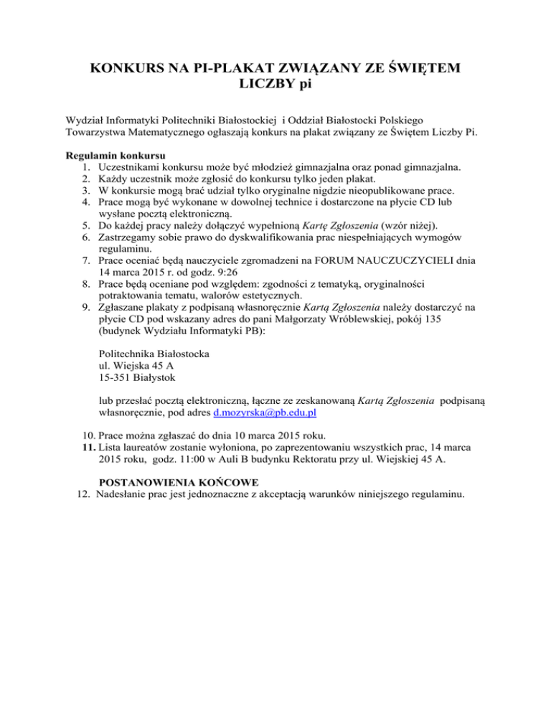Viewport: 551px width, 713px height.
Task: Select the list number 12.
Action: tap(83, 494)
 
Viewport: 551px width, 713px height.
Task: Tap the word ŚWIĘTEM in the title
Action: tap(416, 70)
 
